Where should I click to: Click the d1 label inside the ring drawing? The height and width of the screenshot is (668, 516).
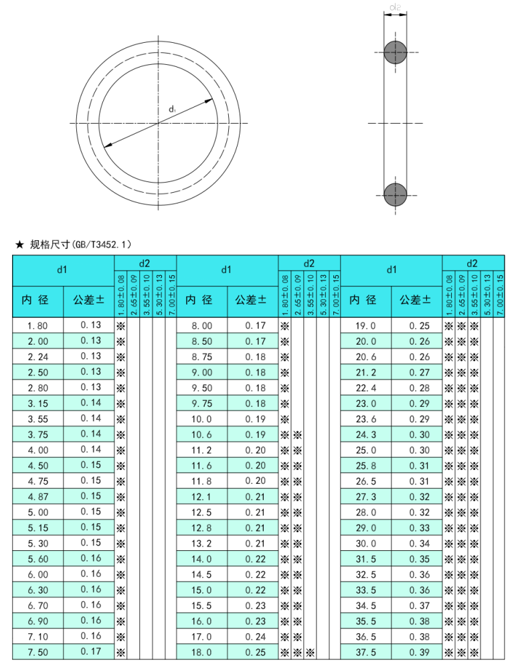click(x=172, y=108)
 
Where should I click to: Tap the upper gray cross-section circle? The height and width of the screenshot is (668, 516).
click(x=395, y=52)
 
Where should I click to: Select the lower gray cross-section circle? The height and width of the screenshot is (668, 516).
click(x=395, y=194)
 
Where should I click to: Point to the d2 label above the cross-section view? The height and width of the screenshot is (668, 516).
click(x=395, y=8)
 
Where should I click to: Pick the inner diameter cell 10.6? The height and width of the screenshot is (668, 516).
click(x=201, y=434)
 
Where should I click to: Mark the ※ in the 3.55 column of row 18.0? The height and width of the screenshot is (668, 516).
click(x=311, y=653)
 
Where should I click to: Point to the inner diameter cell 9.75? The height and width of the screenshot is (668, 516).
click(x=201, y=404)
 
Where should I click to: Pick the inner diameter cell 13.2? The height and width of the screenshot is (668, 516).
click(x=201, y=544)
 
